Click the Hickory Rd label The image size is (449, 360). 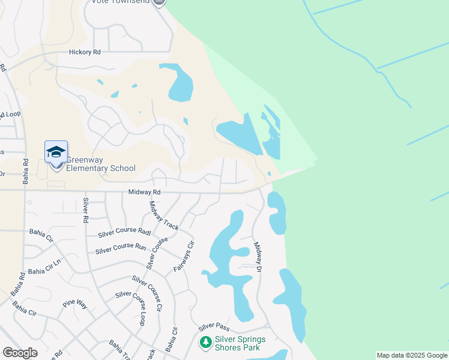click(x=85, y=53)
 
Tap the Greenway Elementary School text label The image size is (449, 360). click(x=100, y=164)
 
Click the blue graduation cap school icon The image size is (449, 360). click(x=56, y=151)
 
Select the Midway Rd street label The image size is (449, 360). click(x=145, y=192)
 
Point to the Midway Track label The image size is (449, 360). click(x=163, y=216)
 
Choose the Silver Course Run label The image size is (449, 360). click(x=120, y=247)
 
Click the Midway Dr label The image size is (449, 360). click(x=258, y=258)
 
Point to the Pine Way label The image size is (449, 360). click(x=74, y=305)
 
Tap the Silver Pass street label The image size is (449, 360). click(x=214, y=327)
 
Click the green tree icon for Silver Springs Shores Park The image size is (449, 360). click(x=205, y=342)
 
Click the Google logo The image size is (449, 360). click(x=20, y=353)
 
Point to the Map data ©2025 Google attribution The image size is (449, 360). click(x=412, y=355)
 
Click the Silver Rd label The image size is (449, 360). click(x=85, y=210)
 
